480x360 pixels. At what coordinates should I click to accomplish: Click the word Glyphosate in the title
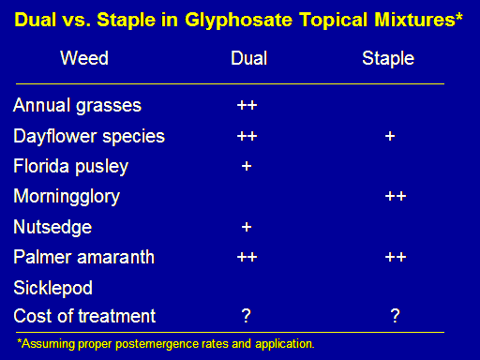point(239,21)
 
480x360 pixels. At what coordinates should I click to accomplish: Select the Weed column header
point(84,58)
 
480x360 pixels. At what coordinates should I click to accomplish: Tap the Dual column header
point(249,58)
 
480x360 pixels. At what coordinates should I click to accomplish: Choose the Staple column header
point(388,59)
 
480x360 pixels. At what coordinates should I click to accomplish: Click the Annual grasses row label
point(77,105)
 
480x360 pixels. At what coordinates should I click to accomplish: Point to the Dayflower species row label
point(89,137)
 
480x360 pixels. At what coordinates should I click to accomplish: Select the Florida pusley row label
point(71,166)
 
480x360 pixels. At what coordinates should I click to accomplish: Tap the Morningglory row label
point(67,197)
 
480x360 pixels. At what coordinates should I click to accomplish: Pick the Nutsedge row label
point(52,227)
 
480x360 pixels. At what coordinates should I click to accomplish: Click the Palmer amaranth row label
point(84,257)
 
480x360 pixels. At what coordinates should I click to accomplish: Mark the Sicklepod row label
point(52,288)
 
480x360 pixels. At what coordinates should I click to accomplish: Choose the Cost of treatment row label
point(84,316)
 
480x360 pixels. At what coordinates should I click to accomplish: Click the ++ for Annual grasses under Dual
point(247,105)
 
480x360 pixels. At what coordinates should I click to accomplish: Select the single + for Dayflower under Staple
point(390,136)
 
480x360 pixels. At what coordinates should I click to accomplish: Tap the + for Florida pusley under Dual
point(247,166)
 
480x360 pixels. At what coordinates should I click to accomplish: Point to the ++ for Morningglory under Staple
point(396,196)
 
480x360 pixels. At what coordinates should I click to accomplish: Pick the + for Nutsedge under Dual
point(247,227)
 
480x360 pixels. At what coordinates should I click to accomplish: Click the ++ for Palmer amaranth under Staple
point(396,257)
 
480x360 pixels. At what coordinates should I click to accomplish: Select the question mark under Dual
point(247,316)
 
